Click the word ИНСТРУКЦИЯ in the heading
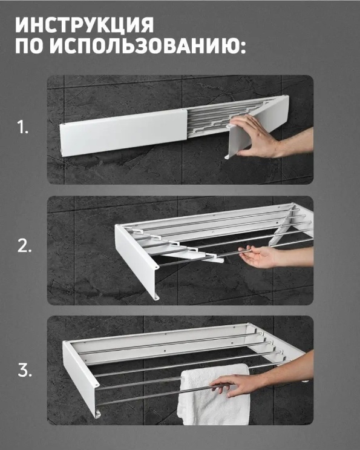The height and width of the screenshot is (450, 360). pyautogui.click(x=85, y=25)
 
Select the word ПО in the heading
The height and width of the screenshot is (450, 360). pyautogui.click(x=30, y=46)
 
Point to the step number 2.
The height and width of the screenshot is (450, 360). pyautogui.click(x=24, y=247)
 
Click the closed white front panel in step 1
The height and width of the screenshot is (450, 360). pyautogui.click(x=124, y=132)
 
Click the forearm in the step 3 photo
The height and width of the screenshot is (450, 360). pyautogui.click(x=289, y=370)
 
